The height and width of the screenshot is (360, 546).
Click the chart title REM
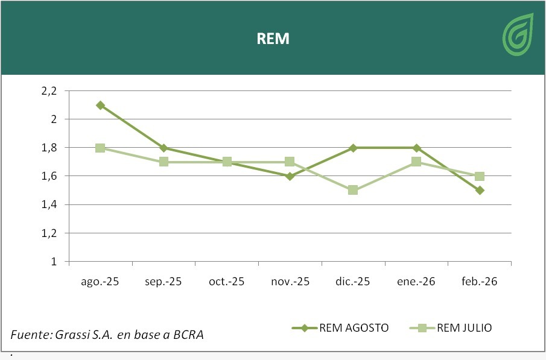tap(273, 39)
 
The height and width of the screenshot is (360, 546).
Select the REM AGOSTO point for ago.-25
tap(101, 105)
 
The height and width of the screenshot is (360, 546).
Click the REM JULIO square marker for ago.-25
tap(101, 148)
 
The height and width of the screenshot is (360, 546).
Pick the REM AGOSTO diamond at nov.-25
tap(290, 176)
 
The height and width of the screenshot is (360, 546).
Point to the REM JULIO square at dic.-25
tap(353, 191)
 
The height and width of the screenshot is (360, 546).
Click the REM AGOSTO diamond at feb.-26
tap(480, 191)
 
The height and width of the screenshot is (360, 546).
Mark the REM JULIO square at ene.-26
tap(416, 162)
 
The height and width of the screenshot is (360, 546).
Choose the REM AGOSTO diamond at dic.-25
tap(353, 148)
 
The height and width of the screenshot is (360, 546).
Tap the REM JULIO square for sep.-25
tap(163, 162)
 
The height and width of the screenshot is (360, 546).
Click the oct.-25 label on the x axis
tap(227, 282)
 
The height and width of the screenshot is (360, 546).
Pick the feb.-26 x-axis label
tap(480, 282)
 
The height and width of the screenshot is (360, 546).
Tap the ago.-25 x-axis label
tap(101, 282)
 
